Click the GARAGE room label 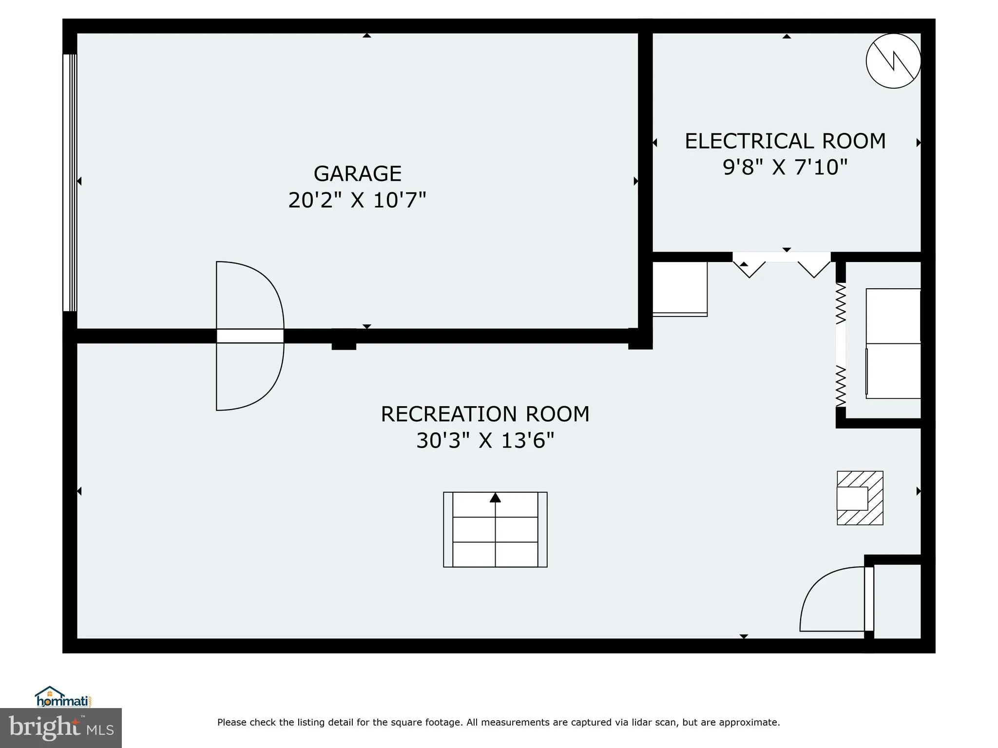click(x=357, y=173)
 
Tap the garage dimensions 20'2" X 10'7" click(x=357, y=200)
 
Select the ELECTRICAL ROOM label click(x=785, y=141)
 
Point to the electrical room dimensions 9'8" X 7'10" click(x=785, y=167)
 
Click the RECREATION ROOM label click(x=485, y=414)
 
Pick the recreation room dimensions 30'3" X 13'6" click(x=485, y=441)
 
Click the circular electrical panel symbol click(x=893, y=61)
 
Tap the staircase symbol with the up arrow click(x=495, y=529)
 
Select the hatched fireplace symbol click(x=860, y=498)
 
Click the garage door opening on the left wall click(x=70, y=183)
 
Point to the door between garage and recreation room click(x=250, y=336)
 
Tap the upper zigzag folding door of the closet click(x=841, y=304)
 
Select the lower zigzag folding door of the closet click(x=841, y=386)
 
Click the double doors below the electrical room click(x=781, y=265)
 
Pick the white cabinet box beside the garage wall click(x=680, y=289)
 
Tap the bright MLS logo click(x=61, y=728)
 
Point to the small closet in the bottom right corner click(x=897, y=601)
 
